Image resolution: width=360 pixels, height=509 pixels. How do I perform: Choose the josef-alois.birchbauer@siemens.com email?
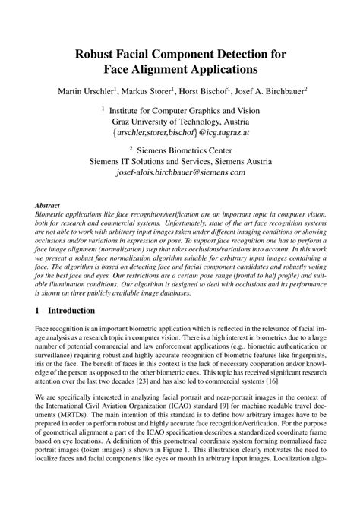click(x=180, y=172)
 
